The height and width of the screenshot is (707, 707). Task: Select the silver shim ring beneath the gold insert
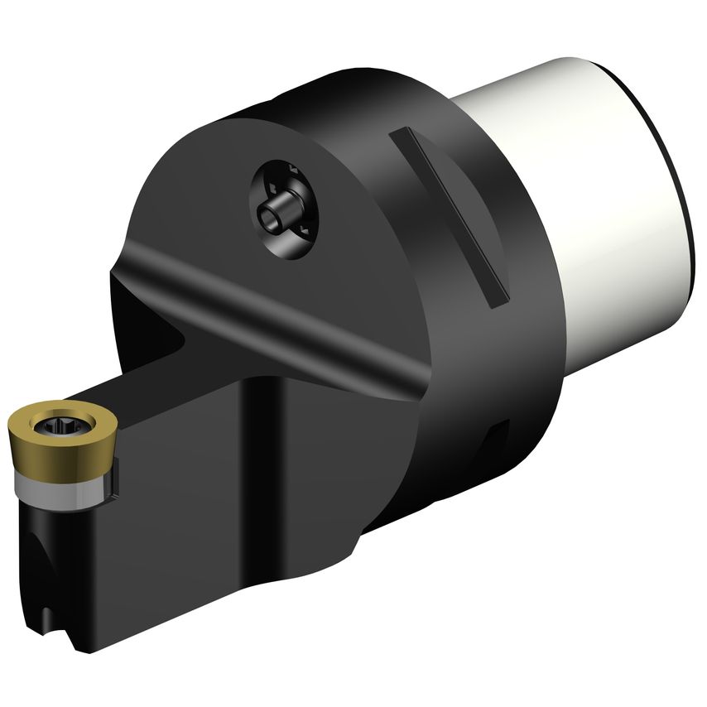(58, 484)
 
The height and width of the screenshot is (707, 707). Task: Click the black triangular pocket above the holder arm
(157, 331)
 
